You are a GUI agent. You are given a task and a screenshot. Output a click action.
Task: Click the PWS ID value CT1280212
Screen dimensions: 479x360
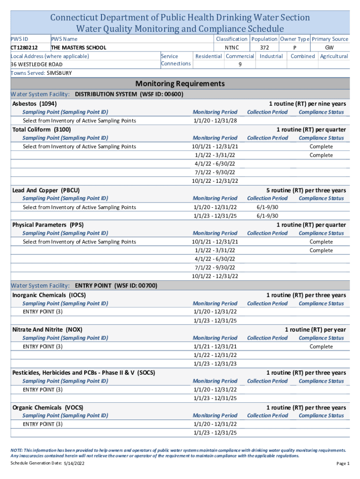pyautogui.click(x=24, y=47)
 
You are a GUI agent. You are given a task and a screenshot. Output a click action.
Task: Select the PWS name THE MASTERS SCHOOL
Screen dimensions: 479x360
pyautogui.click(x=79, y=47)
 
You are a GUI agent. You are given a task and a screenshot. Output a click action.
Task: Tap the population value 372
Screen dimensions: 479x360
pyautogui.click(x=264, y=47)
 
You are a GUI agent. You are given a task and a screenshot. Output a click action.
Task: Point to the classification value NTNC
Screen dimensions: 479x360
pyautogui.click(x=232, y=47)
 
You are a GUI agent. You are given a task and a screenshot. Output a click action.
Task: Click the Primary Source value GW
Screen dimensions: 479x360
pyautogui.click(x=330, y=47)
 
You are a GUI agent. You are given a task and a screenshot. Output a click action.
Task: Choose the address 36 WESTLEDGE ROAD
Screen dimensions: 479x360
pyautogui.click(x=36, y=64)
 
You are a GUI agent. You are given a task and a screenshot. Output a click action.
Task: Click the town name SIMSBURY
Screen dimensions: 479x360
pyautogui.click(x=59, y=73)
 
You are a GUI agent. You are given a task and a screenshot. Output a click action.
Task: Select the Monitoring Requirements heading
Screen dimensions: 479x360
pyautogui.click(x=180, y=84)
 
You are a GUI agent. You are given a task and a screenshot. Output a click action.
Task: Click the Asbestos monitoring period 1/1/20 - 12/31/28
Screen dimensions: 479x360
pyautogui.click(x=215, y=121)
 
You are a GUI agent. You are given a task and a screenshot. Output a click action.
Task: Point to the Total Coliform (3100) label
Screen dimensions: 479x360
pyautogui.click(x=42, y=129)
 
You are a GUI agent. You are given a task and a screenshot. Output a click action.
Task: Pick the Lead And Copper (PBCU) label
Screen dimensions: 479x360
pyautogui.click(x=46, y=190)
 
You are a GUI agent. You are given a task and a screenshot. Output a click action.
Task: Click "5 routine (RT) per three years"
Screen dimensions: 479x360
pyautogui.click(x=306, y=190)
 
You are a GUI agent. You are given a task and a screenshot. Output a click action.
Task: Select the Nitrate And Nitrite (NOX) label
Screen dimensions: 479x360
pyautogui.click(x=47, y=329)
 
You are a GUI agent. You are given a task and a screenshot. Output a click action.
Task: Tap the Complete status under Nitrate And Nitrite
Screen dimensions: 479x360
pyautogui.click(x=321, y=347)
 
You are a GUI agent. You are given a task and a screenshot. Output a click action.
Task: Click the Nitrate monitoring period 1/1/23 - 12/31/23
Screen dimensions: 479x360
pyautogui.click(x=215, y=364)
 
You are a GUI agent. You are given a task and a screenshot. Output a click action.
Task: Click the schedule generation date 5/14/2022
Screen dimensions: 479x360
pyautogui.click(x=74, y=463)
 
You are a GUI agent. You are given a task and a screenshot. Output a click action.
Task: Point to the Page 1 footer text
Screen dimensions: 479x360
pyautogui.click(x=343, y=464)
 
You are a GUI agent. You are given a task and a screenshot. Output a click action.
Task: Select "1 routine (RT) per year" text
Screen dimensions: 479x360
pyautogui.click(x=316, y=329)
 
